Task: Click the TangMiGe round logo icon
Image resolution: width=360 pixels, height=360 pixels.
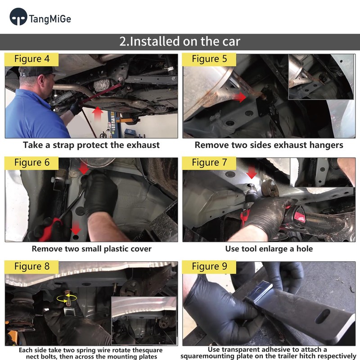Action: click(x=18, y=17)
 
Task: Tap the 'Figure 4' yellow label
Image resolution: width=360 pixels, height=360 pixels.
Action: click(x=31, y=59)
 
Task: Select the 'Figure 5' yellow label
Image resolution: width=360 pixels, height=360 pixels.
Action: click(x=209, y=59)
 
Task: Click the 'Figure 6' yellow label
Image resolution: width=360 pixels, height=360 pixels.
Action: click(x=31, y=163)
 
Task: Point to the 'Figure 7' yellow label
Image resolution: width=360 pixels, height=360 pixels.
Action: click(x=209, y=163)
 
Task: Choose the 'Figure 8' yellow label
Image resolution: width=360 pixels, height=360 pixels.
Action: click(x=31, y=267)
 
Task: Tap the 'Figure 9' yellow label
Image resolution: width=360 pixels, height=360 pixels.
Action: click(x=209, y=267)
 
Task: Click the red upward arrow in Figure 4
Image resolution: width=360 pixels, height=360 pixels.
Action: click(x=98, y=114)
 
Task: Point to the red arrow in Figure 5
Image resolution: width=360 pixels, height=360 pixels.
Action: click(x=240, y=97)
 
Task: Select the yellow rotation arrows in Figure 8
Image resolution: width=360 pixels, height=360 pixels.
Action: click(x=67, y=298)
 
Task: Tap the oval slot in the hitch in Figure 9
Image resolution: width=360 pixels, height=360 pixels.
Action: click(x=323, y=316)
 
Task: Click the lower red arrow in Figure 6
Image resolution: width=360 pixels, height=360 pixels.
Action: click(x=76, y=228)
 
